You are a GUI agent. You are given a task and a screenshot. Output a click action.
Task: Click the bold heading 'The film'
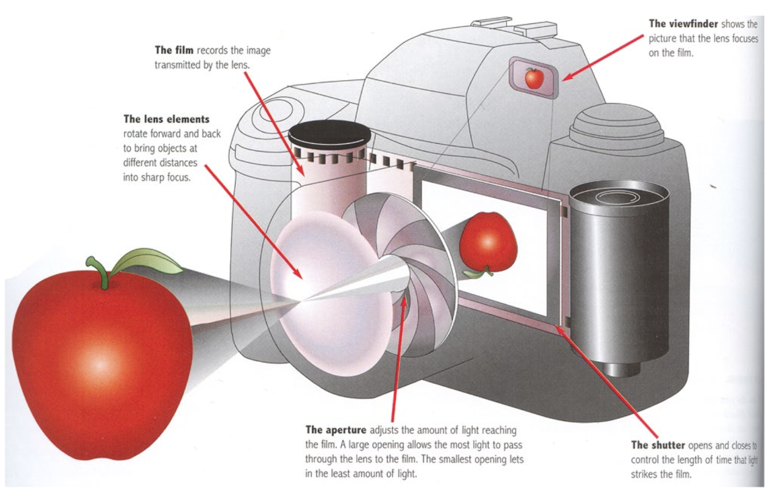175,50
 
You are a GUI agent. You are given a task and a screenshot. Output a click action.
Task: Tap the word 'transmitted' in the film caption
180,64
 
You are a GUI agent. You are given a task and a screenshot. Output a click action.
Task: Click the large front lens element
319,282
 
